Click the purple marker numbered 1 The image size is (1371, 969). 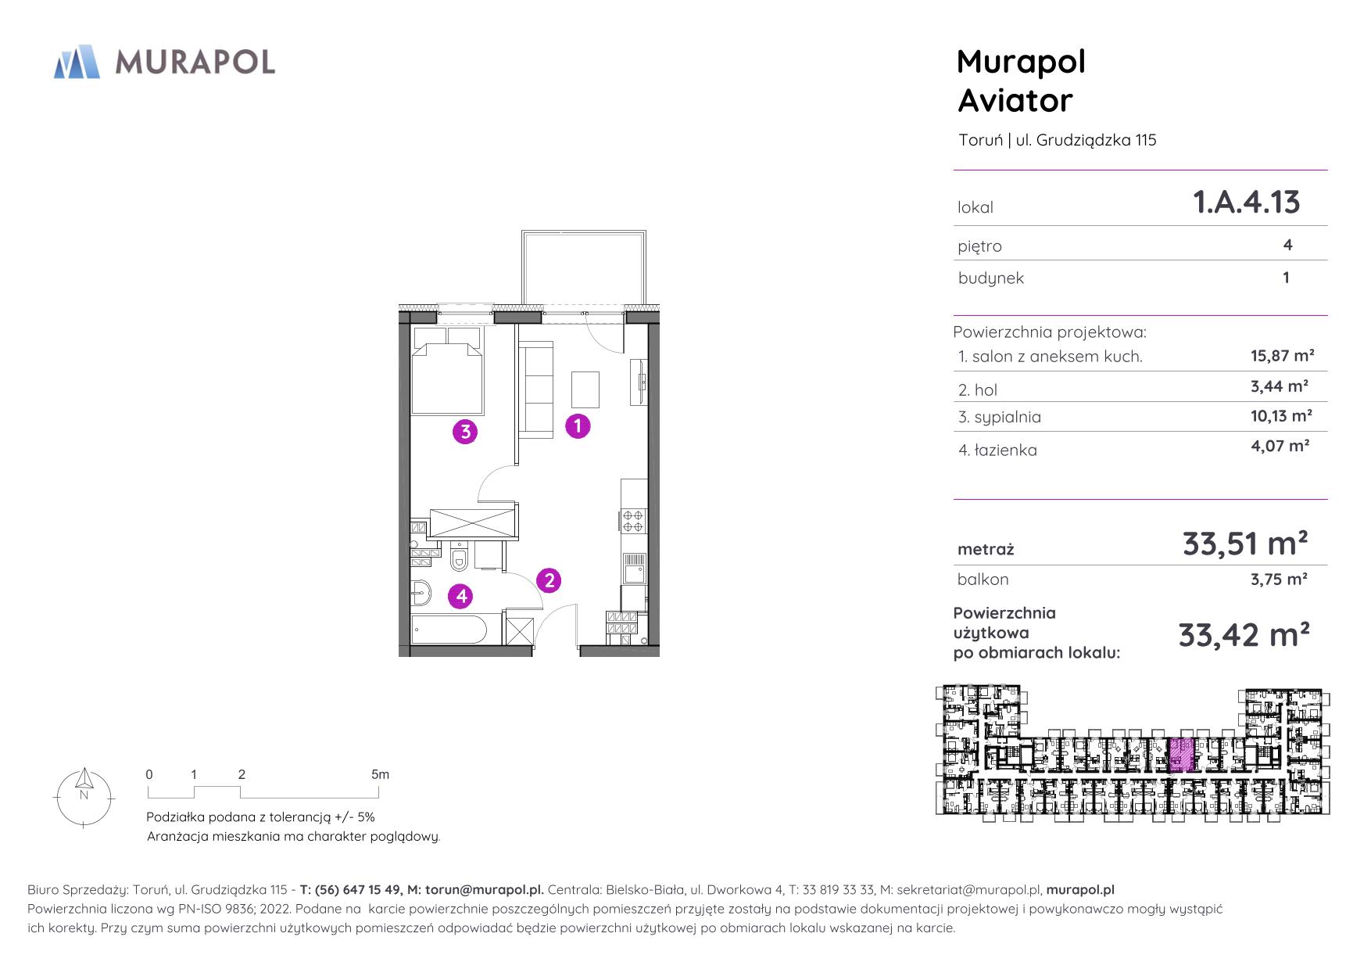[578, 426]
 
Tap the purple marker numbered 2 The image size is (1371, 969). [549, 580]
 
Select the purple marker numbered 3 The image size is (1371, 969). [465, 431]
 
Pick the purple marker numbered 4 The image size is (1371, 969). [462, 597]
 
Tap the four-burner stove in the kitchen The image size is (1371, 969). [633, 520]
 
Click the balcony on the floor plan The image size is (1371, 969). [584, 267]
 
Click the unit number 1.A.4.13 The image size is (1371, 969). [1246, 202]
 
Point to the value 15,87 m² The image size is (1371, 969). [1282, 356]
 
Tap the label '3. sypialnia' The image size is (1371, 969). [1000, 417]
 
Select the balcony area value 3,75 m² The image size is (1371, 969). [1280, 579]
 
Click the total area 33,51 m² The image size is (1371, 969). [1245, 543]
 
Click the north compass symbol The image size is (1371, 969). [84, 797]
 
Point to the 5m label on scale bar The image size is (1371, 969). [380, 774]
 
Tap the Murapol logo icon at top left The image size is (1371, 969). [77, 62]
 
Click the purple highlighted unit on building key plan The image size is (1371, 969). [1181, 755]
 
